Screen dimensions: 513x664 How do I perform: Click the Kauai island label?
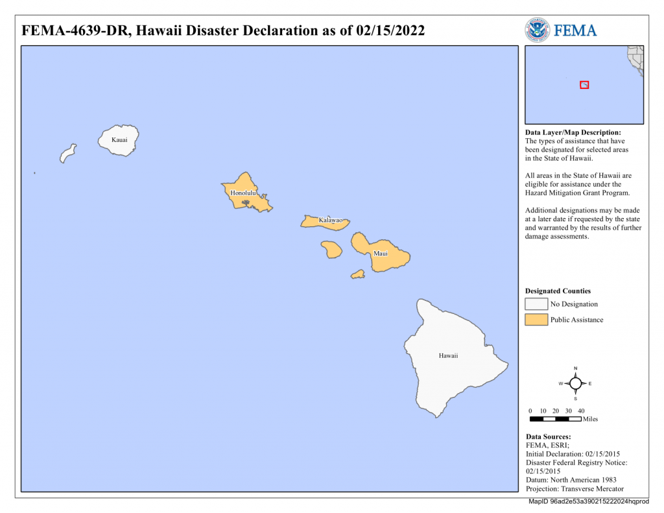(x=119, y=139)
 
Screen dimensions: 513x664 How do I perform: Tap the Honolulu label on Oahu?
(x=244, y=193)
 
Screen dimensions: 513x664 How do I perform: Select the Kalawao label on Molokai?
(x=330, y=221)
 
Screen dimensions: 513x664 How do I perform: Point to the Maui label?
(x=381, y=253)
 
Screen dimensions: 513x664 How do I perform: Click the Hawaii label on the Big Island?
(x=448, y=355)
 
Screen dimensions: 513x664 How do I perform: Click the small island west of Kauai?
(x=67, y=154)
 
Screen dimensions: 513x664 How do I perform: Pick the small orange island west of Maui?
(x=331, y=249)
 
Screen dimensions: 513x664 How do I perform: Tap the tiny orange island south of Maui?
(x=358, y=274)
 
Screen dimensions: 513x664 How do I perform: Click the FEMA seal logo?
(x=537, y=30)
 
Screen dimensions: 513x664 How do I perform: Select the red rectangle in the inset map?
(x=584, y=85)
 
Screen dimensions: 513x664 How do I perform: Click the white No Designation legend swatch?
(x=536, y=304)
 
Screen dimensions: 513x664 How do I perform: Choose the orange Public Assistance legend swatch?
(x=536, y=320)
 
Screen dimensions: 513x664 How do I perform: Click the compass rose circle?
(x=575, y=383)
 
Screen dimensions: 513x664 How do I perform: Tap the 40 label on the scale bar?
(x=581, y=411)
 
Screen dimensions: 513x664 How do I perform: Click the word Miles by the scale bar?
(x=590, y=419)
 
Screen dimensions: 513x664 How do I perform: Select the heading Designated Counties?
(x=558, y=291)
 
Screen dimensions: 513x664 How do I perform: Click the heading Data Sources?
(x=548, y=437)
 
